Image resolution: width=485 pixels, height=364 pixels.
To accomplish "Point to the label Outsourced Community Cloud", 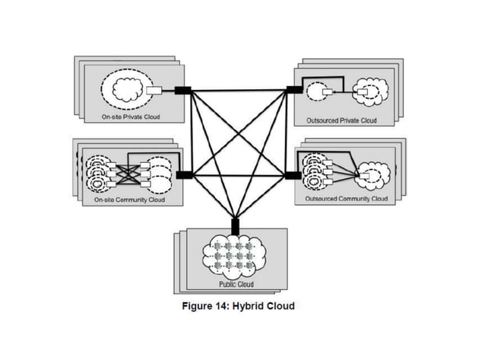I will click(x=346, y=199).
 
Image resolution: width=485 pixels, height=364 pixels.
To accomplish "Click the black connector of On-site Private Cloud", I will click(x=182, y=91).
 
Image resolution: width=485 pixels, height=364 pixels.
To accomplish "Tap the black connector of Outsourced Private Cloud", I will click(x=291, y=90).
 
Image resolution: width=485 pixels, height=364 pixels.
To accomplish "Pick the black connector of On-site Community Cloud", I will click(x=183, y=174).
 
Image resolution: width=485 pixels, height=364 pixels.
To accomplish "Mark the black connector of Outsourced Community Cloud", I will click(x=291, y=175).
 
